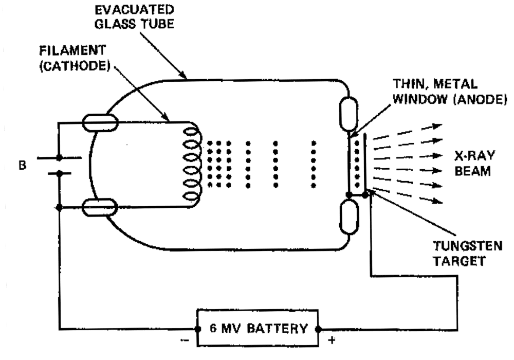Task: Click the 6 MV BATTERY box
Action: tap(257, 328)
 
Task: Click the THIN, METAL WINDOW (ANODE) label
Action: tap(446, 91)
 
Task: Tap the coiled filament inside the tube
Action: tap(191, 163)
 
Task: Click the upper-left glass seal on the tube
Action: tap(101, 123)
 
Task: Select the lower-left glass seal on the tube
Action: tap(101, 208)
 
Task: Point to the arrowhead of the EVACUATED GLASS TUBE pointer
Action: tap(186, 77)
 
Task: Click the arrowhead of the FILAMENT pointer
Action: tap(170, 120)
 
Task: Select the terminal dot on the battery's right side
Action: tap(319, 329)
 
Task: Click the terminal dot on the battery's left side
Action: tap(195, 329)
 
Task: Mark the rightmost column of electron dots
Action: tap(313, 164)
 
